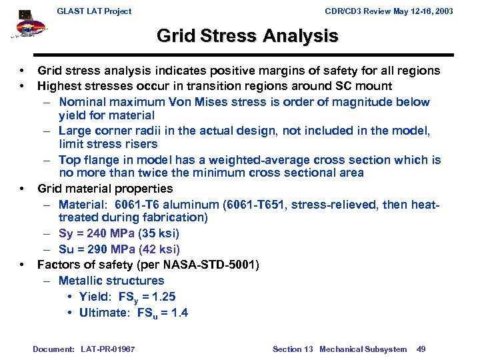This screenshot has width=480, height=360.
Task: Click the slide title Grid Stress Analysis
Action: [247, 36]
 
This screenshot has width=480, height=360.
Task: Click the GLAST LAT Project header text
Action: [94, 11]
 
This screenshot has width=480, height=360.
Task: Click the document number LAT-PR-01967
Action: [107, 349]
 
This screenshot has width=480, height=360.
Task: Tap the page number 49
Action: [421, 349]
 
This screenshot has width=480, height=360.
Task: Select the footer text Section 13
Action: [293, 349]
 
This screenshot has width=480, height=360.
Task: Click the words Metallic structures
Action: [111, 281]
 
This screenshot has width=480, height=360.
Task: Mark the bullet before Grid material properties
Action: [23, 189]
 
